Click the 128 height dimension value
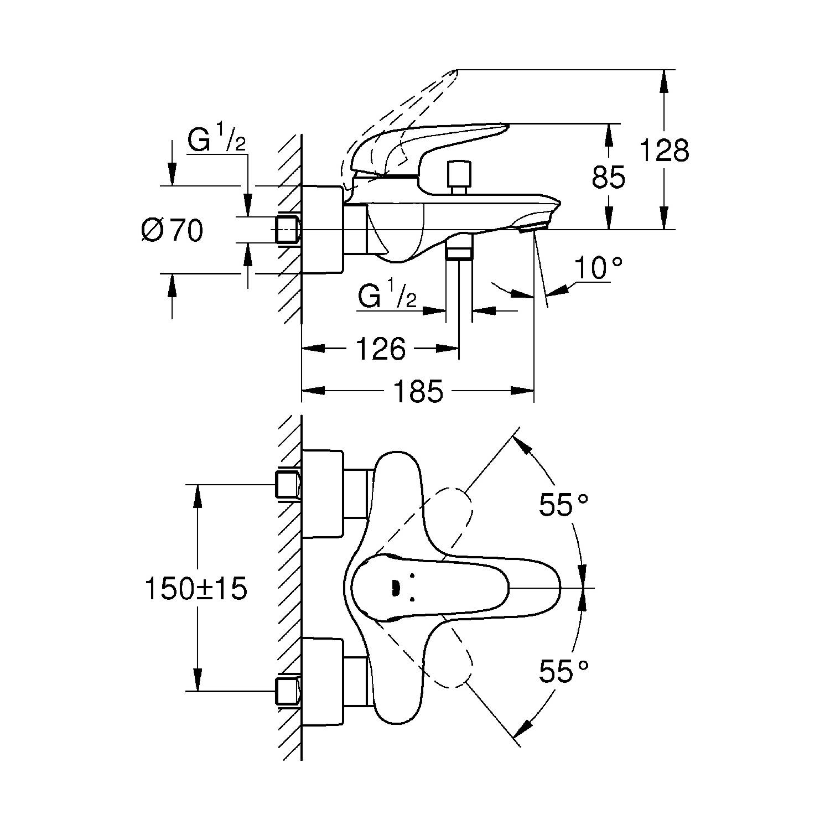point(664,150)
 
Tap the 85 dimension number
point(609,177)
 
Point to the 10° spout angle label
point(598,269)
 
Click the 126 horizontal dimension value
point(381,349)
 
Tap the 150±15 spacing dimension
point(196,589)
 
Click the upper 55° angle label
point(563,505)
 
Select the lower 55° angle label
point(563,672)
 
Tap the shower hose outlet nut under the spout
point(459,252)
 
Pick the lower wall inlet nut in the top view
point(288,690)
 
